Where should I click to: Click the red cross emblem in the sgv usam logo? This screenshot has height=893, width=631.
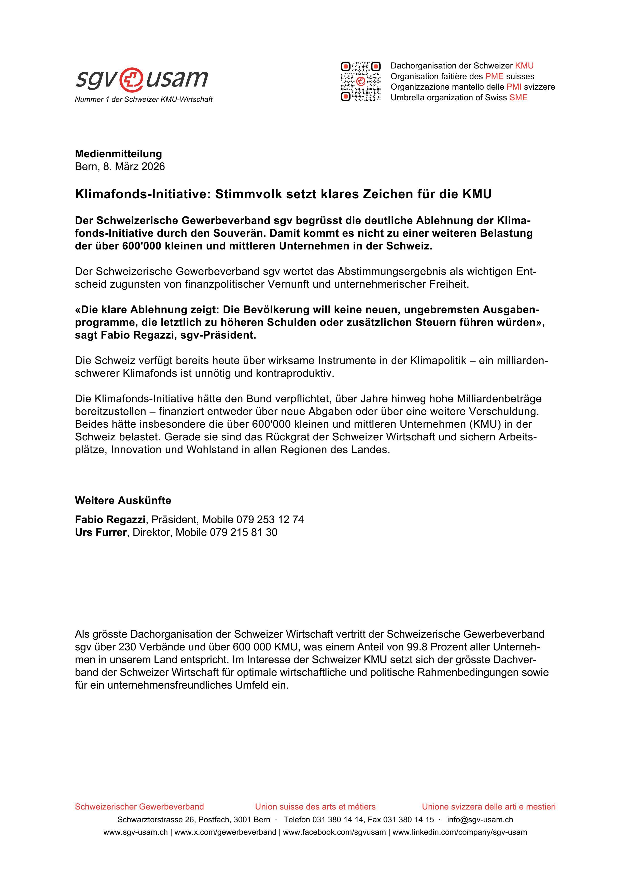(x=131, y=79)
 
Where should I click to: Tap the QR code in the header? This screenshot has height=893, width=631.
(x=360, y=81)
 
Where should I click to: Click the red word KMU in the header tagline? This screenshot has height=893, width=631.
(x=524, y=66)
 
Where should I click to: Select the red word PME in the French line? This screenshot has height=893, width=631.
(x=494, y=76)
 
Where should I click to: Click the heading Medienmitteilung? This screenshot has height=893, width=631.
(x=118, y=154)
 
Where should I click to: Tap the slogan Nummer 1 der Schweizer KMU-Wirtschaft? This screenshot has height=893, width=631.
(x=144, y=100)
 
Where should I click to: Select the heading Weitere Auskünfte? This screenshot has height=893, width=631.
(x=123, y=500)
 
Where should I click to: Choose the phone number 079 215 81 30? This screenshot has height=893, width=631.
(x=244, y=533)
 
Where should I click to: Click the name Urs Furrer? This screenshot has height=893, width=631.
(x=101, y=533)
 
